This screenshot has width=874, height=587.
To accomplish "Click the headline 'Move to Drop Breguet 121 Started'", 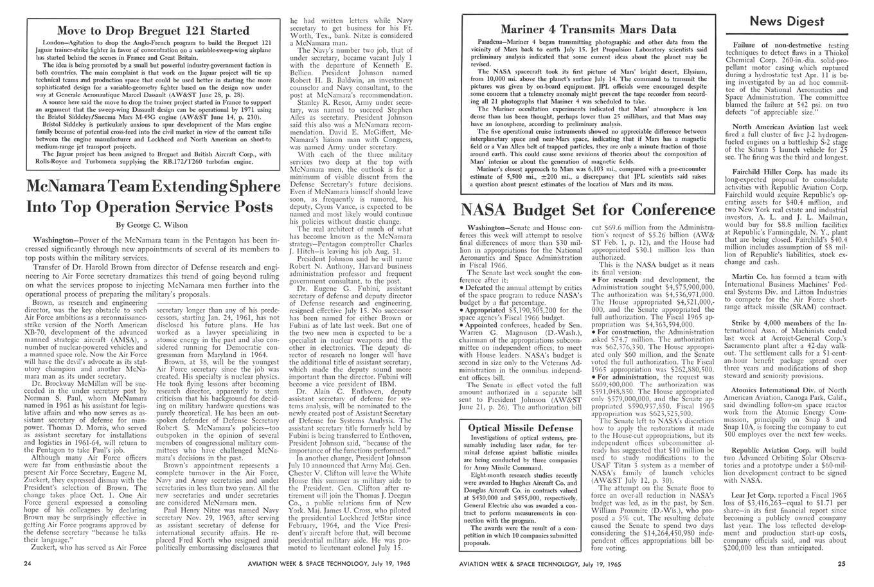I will (x=153, y=30).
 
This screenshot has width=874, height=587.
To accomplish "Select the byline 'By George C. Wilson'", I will (x=152, y=225).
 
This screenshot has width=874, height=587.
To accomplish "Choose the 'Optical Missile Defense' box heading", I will (x=512, y=428).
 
